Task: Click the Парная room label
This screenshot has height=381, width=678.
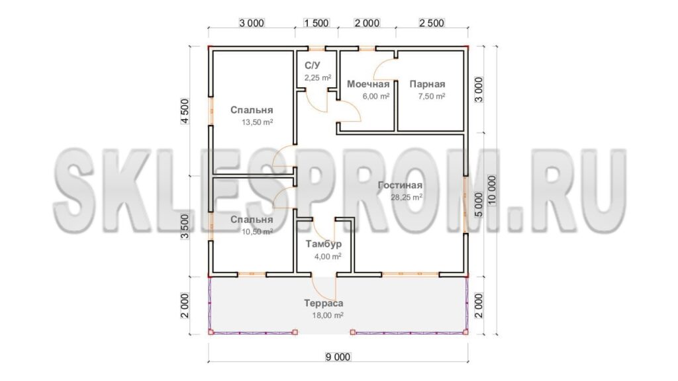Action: click(x=427, y=84)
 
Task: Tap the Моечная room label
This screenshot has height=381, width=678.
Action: click(x=368, y=84)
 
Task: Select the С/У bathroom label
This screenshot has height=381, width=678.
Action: click(x=313, y=65)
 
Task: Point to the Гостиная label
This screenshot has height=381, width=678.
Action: click(x=400, y=185)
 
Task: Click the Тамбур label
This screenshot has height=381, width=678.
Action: click(x=323, y=244)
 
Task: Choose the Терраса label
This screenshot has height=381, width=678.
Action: click(x=323, y=303)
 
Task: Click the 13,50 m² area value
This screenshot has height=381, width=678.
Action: click(x=258, y=122)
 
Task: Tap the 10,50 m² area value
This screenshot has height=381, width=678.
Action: click(x=258, y=232)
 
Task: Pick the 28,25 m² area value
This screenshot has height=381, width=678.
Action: click(x=407, y=197)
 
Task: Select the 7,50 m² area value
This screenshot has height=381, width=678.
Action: click(x=432, y=97)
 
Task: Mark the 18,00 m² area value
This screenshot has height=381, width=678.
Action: click(x=328, y=316)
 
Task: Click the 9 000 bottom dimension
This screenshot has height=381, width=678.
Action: click(x=338, y=357)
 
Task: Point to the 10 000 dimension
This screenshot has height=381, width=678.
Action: click(x=492, y=190)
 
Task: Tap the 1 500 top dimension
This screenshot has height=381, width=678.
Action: click(x=316, y=23)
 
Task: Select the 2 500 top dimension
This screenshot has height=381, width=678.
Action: click(x=431, y=23)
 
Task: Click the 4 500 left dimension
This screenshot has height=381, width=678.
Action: click(x=185, y=111)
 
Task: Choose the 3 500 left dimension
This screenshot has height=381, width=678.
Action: click(x=185, y=226)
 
